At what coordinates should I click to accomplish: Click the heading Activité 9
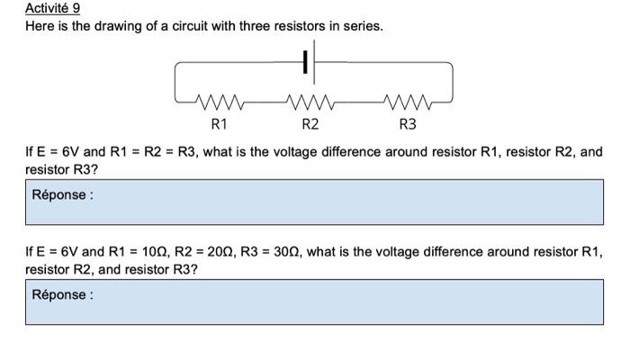[x=52, y=8]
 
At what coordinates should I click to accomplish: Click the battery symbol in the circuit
[x=307, y=62]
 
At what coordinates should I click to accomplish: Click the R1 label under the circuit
[x=219, y=123]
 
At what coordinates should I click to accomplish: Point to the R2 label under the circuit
[x=310, y=123]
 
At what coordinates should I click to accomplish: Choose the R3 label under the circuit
[x=408, y=123]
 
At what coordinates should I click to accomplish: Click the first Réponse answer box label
[x=62, y=194]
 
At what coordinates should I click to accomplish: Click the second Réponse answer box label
[x=62, y=294]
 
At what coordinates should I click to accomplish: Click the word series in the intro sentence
[x=360, y=26]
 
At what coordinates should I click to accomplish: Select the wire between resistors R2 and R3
[x=360, y=102]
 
